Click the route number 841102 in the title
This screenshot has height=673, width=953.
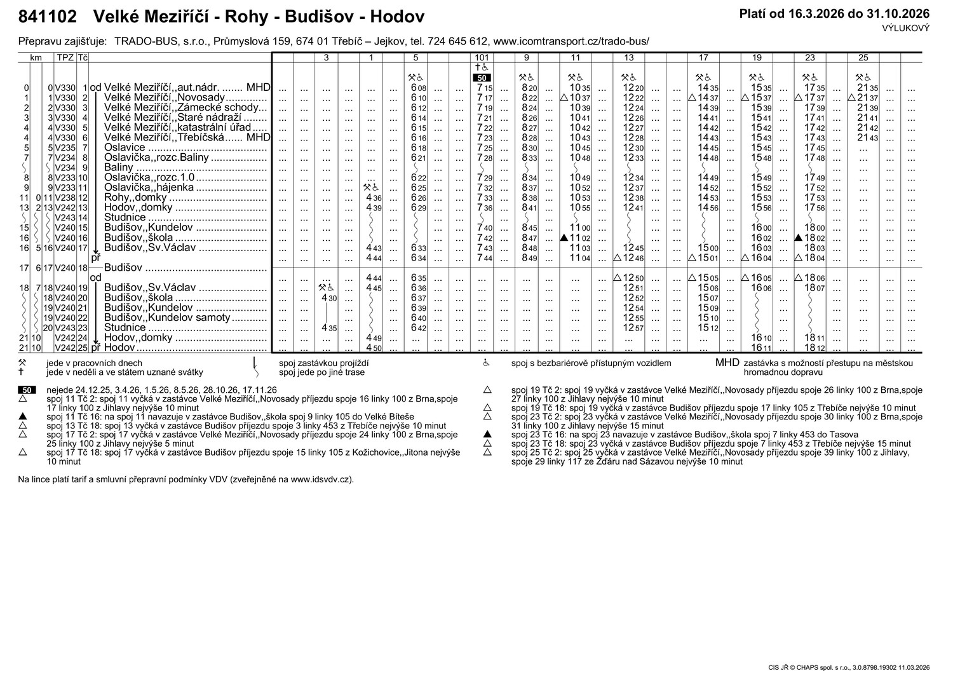[x=48, y=17]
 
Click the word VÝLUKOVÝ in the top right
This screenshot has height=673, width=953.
[x=905, y=28]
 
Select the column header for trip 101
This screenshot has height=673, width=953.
[x=481, y=58]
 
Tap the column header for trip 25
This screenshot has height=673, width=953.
[x=863, y=58]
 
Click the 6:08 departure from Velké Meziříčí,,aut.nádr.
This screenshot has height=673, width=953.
[x=418, y=88]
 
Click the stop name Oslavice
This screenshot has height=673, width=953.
[x=125, y=147]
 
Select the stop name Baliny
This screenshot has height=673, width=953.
[x=119, y=168]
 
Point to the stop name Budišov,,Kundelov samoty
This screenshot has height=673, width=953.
[x=167, y=317]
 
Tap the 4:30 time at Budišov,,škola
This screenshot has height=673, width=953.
[x=328, y=297]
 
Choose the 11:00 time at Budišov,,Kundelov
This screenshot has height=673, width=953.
[x=580, y=228]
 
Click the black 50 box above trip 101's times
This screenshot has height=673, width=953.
[x=482, y=78]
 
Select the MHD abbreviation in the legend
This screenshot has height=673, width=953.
[x=727, y=363]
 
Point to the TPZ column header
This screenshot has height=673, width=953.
[x=65, y=58]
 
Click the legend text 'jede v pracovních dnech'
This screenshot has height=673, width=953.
[x=94, y=364]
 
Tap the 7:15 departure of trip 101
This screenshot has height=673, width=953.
[x=484, y=88]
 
